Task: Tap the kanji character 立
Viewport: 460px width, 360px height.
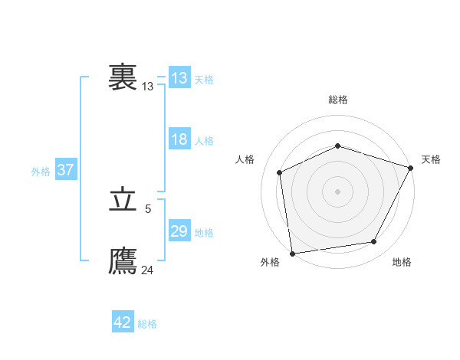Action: (123, 201)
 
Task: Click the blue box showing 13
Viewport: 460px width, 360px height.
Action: (179, 78)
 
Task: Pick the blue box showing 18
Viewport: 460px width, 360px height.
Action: (179, 140)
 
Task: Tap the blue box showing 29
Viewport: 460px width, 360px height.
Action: (179, 232)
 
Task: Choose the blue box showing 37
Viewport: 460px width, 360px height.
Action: (65, 170)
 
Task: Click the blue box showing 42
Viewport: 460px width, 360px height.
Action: (123, 323)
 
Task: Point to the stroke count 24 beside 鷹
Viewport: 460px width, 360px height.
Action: (148, 270)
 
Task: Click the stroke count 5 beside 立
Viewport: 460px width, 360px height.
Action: (148, 208)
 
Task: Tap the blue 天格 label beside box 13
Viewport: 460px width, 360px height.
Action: (204, 80)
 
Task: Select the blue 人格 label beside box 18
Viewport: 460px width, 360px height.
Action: (204, 141)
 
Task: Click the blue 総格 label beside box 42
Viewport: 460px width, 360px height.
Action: (147, 324)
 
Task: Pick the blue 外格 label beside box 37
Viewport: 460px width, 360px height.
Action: (41, 172)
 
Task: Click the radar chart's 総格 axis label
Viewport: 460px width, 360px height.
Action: (338, 99)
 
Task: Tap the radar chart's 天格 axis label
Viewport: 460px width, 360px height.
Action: (431, 159)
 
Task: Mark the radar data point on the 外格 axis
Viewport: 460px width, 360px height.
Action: (292, 253)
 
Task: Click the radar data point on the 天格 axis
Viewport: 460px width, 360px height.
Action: (412, 167)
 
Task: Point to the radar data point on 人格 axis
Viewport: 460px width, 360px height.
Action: (280, 172)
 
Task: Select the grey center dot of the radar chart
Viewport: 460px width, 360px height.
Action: (338, 191)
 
